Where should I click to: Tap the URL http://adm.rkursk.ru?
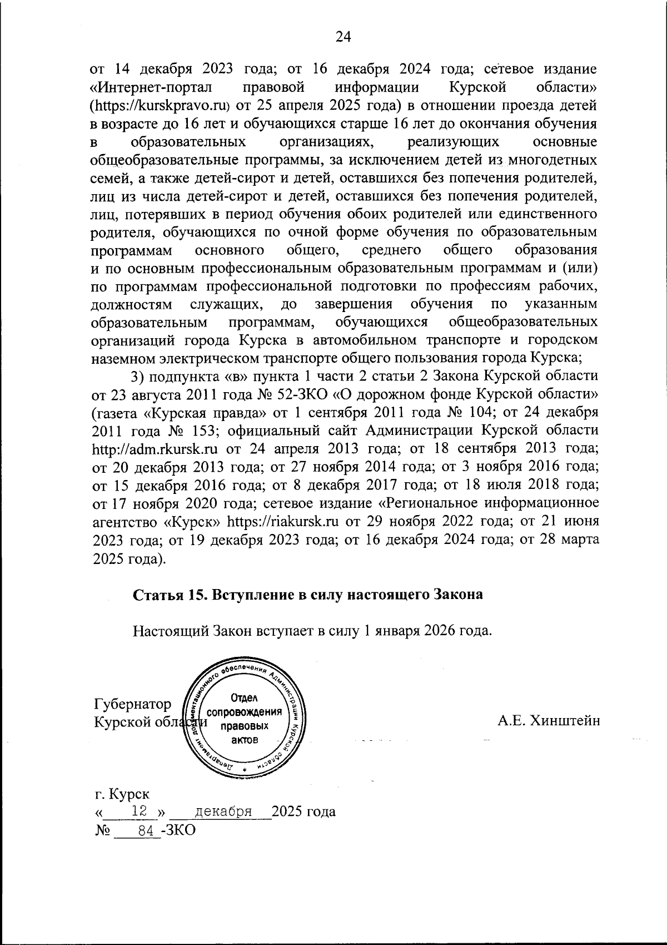154,447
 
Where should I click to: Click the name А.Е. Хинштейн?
549,721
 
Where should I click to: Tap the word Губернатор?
133,704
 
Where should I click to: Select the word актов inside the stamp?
245,740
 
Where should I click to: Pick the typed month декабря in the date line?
226,811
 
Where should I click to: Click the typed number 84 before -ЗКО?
145,829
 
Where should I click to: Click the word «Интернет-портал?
148,87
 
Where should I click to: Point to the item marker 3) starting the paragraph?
137,376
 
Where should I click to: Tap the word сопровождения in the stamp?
244,713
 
